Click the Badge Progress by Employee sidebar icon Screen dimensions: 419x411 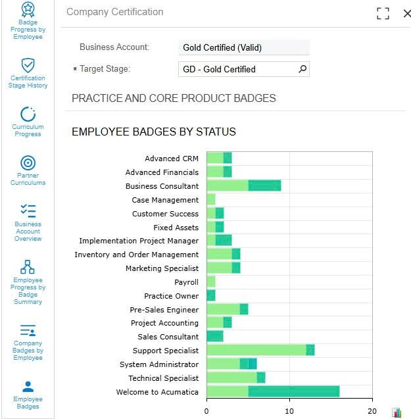click(x=28, y=9)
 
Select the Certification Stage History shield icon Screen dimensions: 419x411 click(x=28, y=65)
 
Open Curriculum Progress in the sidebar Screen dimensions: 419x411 click(x=28, y=114)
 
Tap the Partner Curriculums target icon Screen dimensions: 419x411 click(x=28, y=162)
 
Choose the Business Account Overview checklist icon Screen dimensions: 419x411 click(x=28, y=210)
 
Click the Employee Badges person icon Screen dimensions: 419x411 click(x=28, y=386)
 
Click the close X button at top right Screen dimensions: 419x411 click(x=406, y=13)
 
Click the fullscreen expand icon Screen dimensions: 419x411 click(x=383, y=13)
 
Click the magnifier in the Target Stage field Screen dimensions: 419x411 click(x=302, y=69)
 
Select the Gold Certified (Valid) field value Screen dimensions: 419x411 click(x=243, y=47)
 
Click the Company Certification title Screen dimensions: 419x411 click(x=115, y=12)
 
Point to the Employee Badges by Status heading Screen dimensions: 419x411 click(x=153, y=132)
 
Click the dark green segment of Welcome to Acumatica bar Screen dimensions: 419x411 click(x=294, y=392)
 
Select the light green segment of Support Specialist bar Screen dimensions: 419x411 click(x=256, y=351)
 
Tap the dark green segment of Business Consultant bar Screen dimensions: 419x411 click(x=264, y=186)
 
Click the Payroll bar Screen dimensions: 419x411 click(x=210, y=282)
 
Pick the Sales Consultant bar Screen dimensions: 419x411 click(x=215, y=337)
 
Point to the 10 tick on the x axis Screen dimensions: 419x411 click(x=289, y=410)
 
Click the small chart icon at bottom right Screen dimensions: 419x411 click(x=397, y=412)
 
